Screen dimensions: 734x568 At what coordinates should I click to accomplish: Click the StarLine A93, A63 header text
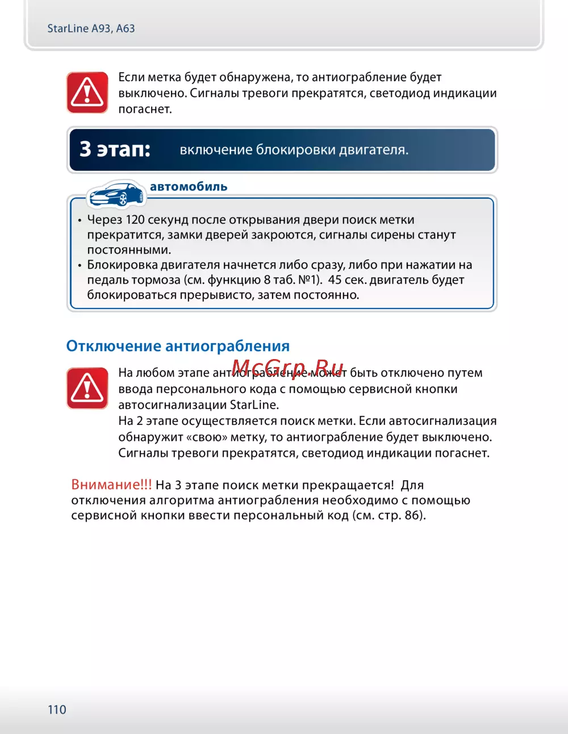(x=91, y=28)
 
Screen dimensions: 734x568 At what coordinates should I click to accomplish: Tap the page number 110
(x=57, y=710)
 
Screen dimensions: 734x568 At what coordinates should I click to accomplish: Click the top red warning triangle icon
(x=87, y=92)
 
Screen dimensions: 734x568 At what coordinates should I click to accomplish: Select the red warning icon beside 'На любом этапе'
(x=87, y=388)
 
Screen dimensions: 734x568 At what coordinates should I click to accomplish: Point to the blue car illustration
(x=116, y=194)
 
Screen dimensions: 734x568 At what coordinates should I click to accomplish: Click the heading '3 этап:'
(x=115, y=149)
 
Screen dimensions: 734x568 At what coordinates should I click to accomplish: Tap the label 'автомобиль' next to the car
(x=189, y=186)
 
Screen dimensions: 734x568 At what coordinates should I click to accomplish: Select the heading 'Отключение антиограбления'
(x=178, y=346)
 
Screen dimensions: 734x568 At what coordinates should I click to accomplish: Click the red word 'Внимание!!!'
(x=111, y=485)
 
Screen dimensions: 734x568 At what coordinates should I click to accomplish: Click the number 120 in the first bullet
(x=135, y=220)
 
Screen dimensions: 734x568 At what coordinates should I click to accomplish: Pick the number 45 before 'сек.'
(x=335, y=280)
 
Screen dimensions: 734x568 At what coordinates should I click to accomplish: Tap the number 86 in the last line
(x=412, y=516)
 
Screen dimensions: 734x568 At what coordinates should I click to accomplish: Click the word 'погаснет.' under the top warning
(x=145, y=109)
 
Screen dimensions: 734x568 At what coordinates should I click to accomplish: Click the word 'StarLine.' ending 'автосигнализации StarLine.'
(x=254, y=405)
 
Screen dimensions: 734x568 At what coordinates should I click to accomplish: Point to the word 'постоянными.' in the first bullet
(x=129, y=250)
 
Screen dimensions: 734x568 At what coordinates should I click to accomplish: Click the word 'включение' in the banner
(x=216, y=150)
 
